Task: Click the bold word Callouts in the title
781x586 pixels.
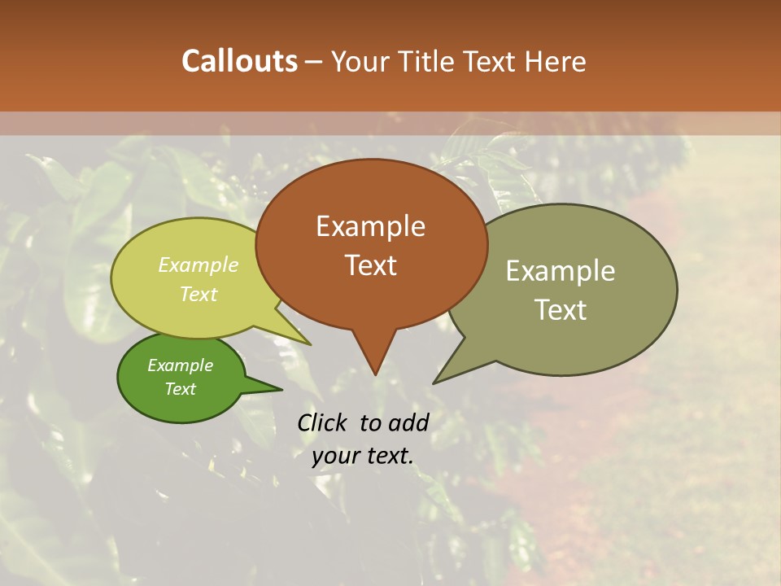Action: point(239,61)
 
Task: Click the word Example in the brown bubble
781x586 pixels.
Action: point(370,226)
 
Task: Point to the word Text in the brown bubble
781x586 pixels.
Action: point(370,265)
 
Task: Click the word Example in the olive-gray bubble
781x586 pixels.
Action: point(561,271)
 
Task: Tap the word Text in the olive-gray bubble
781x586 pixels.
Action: point(561,310)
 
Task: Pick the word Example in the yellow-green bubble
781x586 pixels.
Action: point(199,265)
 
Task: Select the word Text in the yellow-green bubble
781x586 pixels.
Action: point(199,294)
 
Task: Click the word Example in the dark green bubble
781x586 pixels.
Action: point(180,365)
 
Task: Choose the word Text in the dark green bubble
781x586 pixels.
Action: point(180,389)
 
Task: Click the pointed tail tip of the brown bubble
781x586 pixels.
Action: point(375,374)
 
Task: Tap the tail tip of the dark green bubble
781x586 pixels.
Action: point(281,389)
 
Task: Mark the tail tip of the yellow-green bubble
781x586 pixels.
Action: point(311,345)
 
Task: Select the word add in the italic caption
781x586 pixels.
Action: point(408,422)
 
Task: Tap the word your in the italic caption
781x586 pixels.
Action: point(335,456)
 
